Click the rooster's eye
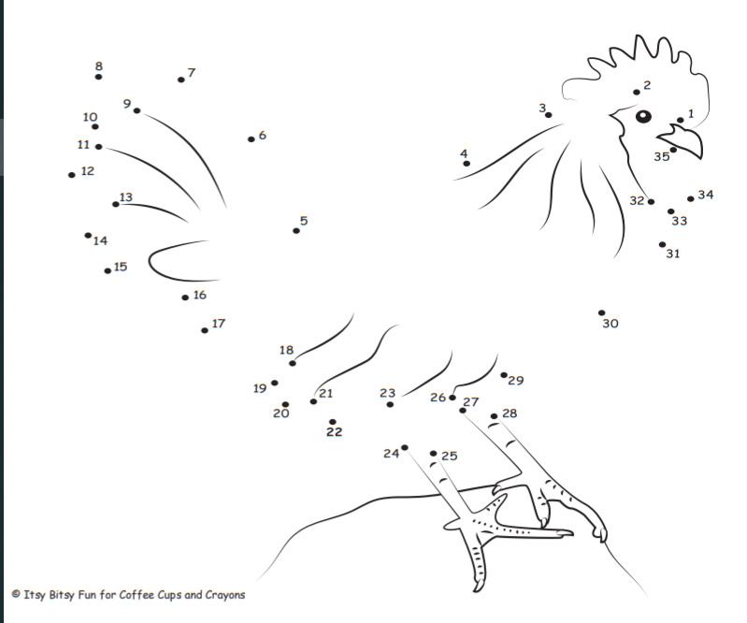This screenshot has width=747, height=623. pos(643,116)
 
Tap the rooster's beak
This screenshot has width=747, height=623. pos(684,140)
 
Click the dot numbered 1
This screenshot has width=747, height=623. pos(681,120)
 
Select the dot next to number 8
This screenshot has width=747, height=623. pos(98,77)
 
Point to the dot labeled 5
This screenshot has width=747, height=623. pos(296,231)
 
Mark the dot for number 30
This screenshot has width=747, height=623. pos(602,312)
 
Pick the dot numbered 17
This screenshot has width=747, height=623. pos(205,330)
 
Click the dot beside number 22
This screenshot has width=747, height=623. pos(333,422)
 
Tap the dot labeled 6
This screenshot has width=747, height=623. pos(251,139)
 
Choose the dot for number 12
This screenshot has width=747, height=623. pos(71,175)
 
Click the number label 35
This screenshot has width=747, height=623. pos(662,157)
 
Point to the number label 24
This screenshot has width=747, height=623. pos(391,454)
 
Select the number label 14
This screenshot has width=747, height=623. pos(100,240)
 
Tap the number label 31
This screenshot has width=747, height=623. pos(673,254)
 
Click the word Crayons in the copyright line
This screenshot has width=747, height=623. pos(225,595)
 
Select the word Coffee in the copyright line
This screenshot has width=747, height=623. pos(134,594)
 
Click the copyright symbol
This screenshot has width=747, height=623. pos(16,594)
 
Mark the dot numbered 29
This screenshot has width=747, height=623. pos(504,375)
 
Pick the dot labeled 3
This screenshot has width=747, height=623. pos(549,115)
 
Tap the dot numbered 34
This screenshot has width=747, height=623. pos(691,198)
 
